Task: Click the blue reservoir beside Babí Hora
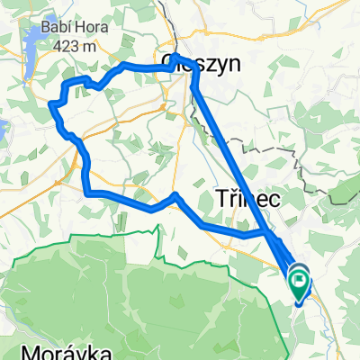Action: click(x=32, y=41)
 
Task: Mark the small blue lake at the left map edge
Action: click(x=3, y=131)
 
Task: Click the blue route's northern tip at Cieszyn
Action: click(x=174, y=57)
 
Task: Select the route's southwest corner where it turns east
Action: click(x=87, y=192)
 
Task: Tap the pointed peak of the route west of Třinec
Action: click(x=175, y=194)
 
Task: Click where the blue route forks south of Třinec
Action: click(x=268, y=232)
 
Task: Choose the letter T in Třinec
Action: click(x=220, y=199)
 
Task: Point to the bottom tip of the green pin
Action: click(x=300, y=296)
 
